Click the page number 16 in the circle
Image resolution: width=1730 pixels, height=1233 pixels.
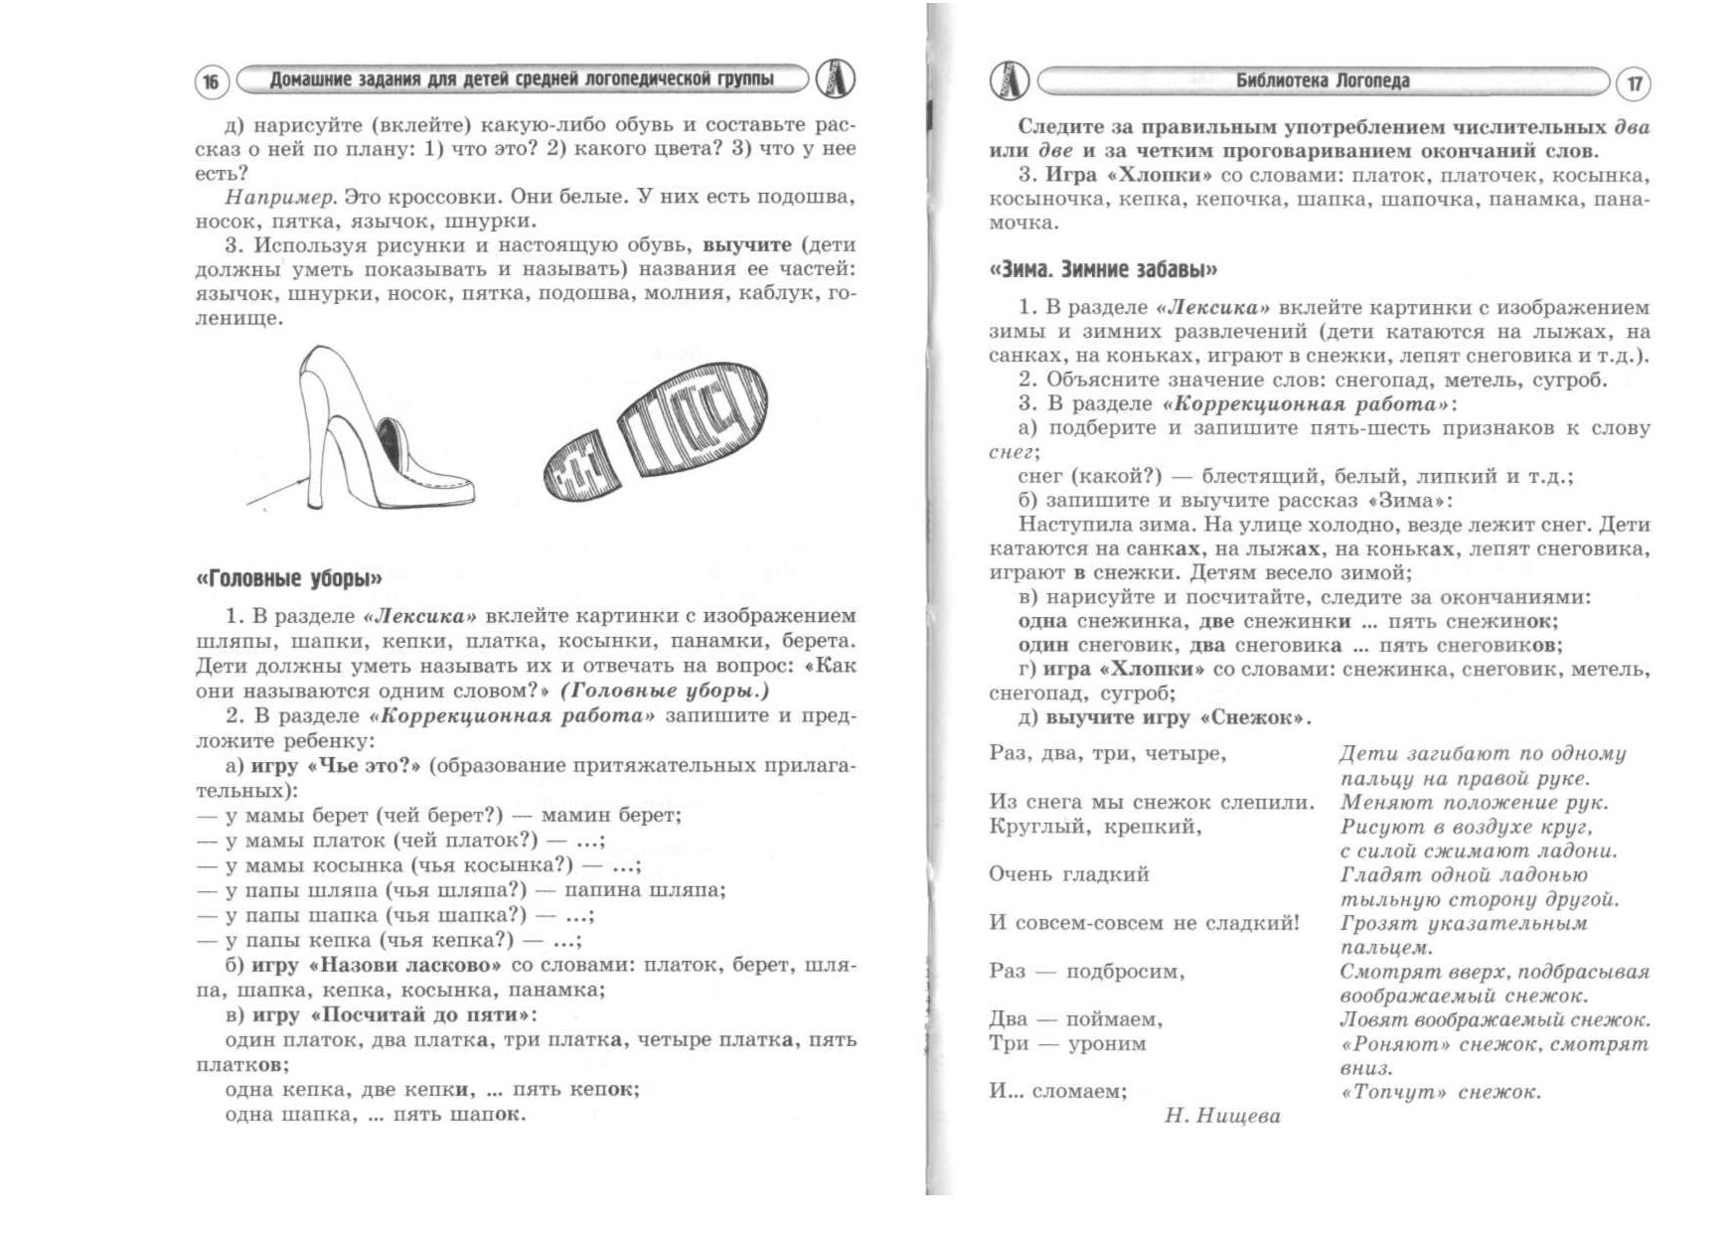point(211,82)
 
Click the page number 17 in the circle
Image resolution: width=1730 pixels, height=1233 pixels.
point(1634,84)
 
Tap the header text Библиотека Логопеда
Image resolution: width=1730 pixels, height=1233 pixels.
point(1322,81)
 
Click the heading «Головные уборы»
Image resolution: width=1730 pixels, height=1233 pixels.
point(289,578)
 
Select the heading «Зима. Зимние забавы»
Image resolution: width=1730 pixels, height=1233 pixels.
point(1103,269)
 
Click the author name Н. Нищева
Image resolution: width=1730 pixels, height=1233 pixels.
point(1222,1116)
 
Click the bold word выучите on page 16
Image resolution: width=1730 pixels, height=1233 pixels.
point(747,244)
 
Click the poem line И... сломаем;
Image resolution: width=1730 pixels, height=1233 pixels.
point(1057,1091)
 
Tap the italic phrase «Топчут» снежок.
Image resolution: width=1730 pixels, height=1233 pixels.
point(1440,1092)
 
